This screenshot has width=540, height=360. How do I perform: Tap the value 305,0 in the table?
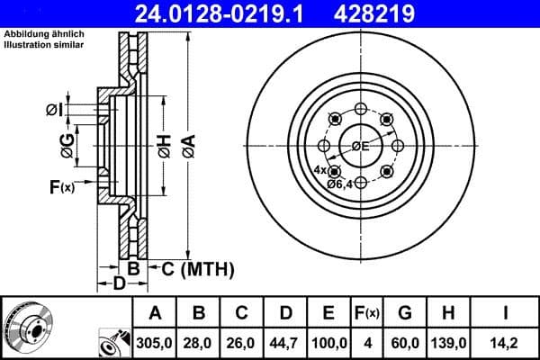(155, 341)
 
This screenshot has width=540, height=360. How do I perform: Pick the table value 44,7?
(285, 341)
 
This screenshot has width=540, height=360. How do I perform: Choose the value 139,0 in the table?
(447, 341)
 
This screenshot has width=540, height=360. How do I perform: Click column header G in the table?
(405, 313)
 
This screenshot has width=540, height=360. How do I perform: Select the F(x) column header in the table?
(367, 313)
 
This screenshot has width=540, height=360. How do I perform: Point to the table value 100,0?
(328, 341)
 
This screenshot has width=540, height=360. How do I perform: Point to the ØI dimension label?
(55, 110)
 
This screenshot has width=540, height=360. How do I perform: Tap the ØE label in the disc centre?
(361, 147)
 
